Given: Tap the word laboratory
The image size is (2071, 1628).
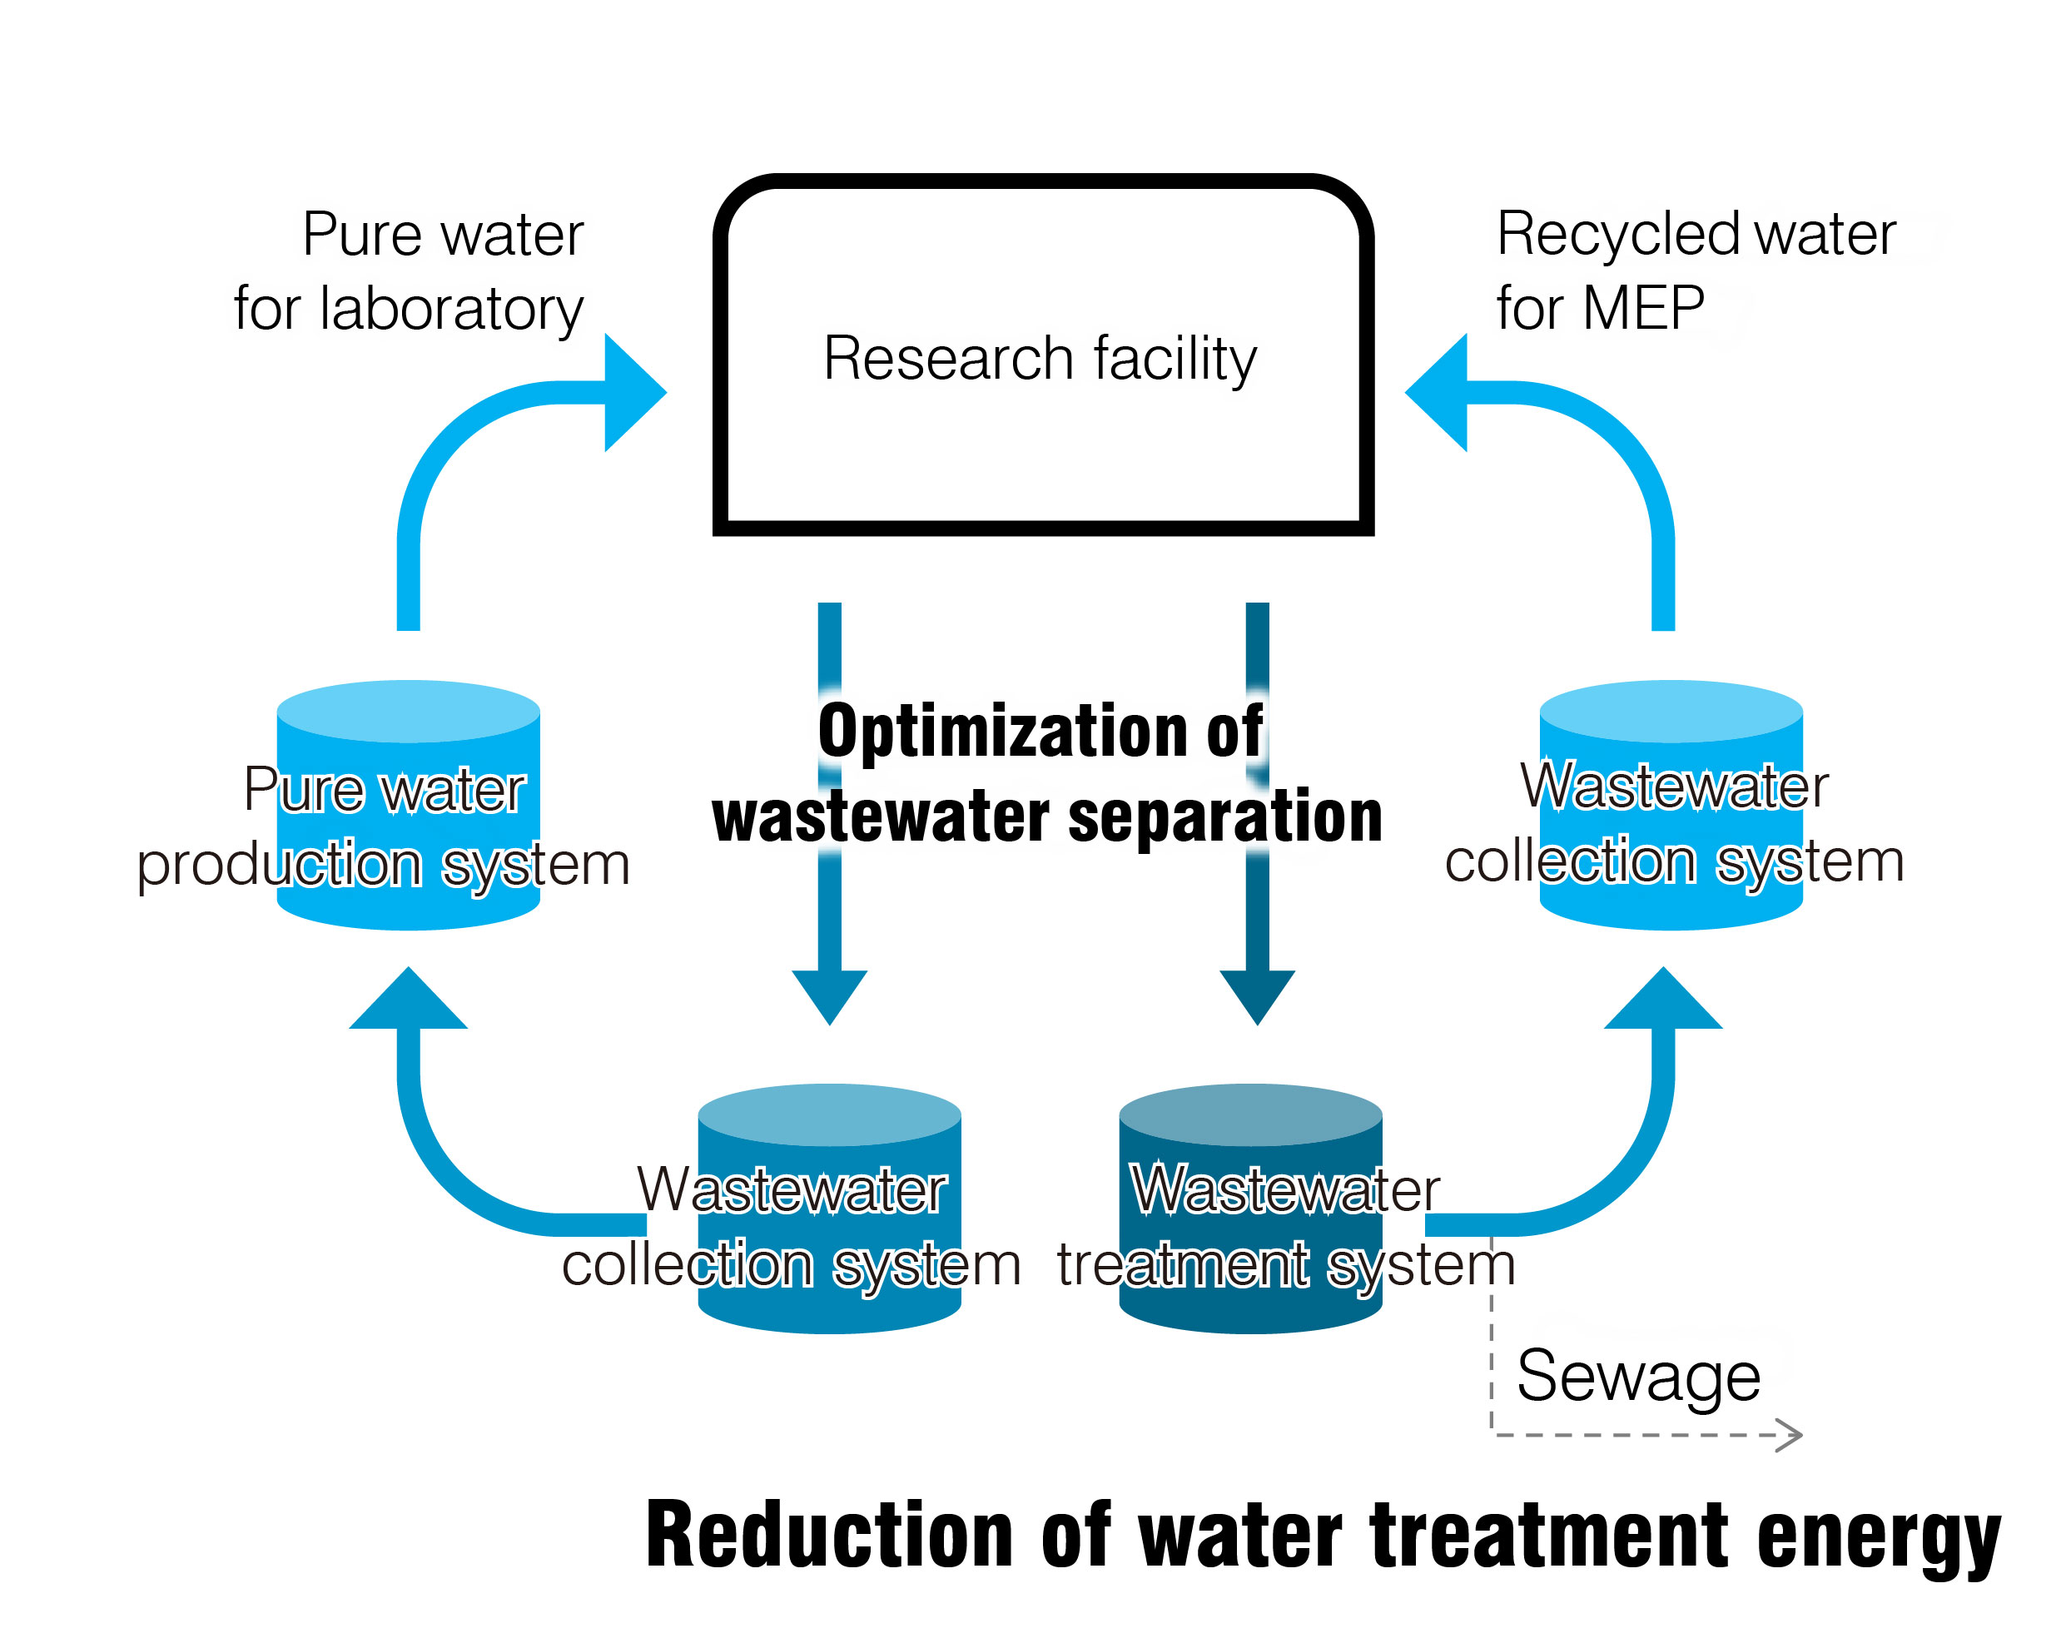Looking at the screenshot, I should pos(451,310).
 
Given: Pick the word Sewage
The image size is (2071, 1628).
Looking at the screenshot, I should pos(1637,1377).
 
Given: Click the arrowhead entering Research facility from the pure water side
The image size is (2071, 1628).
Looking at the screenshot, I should pos(633,392).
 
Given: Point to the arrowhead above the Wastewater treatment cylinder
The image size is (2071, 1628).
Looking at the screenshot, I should pos(1256,995).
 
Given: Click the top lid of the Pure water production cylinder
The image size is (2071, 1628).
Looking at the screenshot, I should pos(408,711).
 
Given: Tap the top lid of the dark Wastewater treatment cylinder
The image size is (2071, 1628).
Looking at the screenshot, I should pos(1249,1114).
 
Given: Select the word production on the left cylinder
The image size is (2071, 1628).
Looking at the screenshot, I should pos(279,866).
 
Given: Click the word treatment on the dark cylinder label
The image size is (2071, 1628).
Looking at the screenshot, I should pos(1182,1266).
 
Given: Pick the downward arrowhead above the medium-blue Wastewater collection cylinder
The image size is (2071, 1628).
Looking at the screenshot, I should pos(829,995).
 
